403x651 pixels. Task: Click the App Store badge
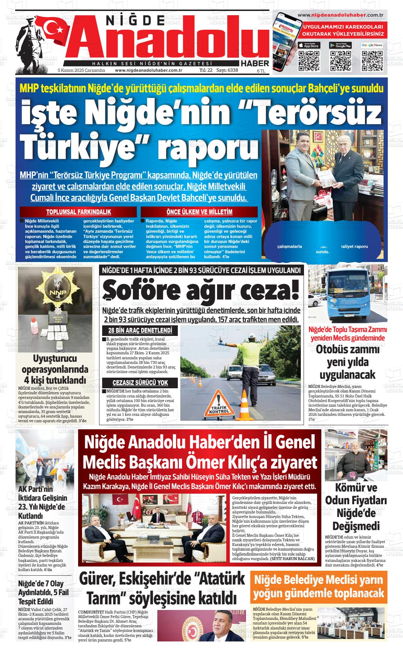(309, 45)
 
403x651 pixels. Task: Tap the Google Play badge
(340, 45)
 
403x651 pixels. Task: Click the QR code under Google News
(372, 60)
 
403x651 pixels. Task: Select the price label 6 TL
(261, 71)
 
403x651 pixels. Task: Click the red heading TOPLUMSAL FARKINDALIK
(78, 212)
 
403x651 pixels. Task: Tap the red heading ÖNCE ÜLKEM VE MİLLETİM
(199, 212)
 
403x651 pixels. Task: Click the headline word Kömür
(356, 488)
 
